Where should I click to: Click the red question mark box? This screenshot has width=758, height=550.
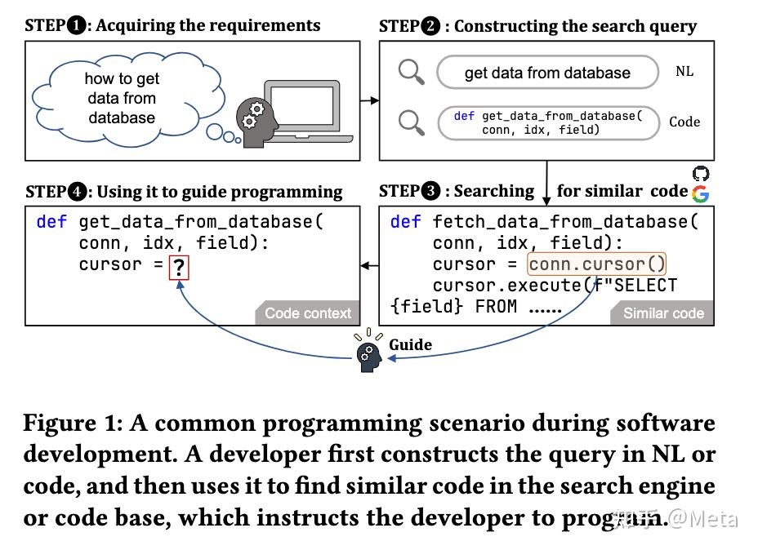tap(179, 267)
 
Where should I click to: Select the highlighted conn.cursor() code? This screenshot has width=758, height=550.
tap(597, 264)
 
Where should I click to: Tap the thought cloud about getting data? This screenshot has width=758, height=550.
tap(122, 99)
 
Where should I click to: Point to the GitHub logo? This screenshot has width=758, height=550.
tap(701, 174)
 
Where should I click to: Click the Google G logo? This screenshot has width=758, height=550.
tap(700, 193)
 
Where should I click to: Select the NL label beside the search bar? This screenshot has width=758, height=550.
tap(684, 72)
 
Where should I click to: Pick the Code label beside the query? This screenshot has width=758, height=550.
tap(684, 122)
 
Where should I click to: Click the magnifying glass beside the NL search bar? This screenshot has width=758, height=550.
tap(411, 73)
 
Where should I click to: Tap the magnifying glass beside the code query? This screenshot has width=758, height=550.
tap(411, 122)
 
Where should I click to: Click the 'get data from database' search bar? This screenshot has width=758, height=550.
tap(547, 73)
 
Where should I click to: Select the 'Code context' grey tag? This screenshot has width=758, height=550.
tap(308, 313)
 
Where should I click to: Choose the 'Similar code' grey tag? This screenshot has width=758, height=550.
tap(662, 313)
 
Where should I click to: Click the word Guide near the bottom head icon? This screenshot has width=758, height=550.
tap(410, 344)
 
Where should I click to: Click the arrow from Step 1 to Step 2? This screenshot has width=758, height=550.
tap(369, 100)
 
